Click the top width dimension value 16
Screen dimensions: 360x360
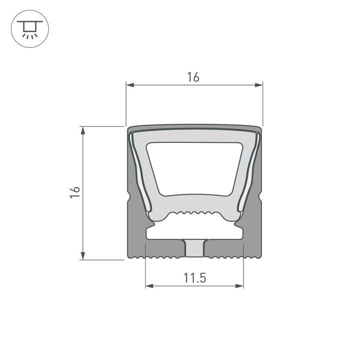[x=193, y=77]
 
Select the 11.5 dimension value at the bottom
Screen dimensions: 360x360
[x=194, y=278]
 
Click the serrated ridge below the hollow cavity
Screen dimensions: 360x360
[x=194, y=212]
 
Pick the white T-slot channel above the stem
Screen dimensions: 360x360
[x=194, y=232]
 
